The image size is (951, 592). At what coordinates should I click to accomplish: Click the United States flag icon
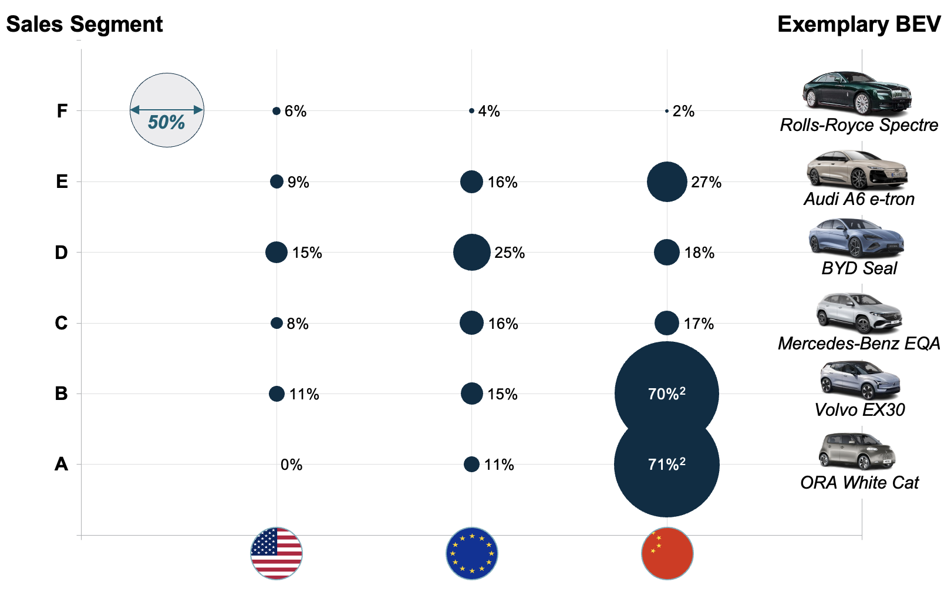(x=276, y=553)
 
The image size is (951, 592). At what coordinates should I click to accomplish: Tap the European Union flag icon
(x=472, y=553)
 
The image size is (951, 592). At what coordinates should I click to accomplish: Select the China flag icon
(x=667, y=553)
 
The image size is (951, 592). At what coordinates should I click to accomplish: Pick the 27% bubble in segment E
(x=667, y=182)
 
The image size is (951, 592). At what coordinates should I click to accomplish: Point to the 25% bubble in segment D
(x=471, y=253)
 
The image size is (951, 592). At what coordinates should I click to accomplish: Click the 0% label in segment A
(x=291, y=465)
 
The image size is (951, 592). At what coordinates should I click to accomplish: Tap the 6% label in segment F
(x=295, y=112)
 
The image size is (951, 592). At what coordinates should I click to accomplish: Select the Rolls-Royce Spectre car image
(x=857, y=92)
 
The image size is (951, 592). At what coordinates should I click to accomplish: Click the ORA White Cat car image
(x=857, y=452)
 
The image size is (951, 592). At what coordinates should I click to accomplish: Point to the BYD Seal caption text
(x=859, y=268)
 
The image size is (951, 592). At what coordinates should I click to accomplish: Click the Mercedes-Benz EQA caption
(x=859, y=344)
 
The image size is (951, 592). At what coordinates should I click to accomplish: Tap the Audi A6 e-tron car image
(x=857, y=169)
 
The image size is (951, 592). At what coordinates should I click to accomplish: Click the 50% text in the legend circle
(x=166, y=122)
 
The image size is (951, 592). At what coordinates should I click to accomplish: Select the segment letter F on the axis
(x=62, y=111)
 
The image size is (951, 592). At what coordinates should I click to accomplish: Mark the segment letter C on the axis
(x=61, y=323)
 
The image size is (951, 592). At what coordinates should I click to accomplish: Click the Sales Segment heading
(x=85, y=25)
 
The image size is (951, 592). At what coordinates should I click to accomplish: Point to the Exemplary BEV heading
(x=859, y=25)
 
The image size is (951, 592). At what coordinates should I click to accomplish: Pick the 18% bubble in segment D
(x=667, y=253)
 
